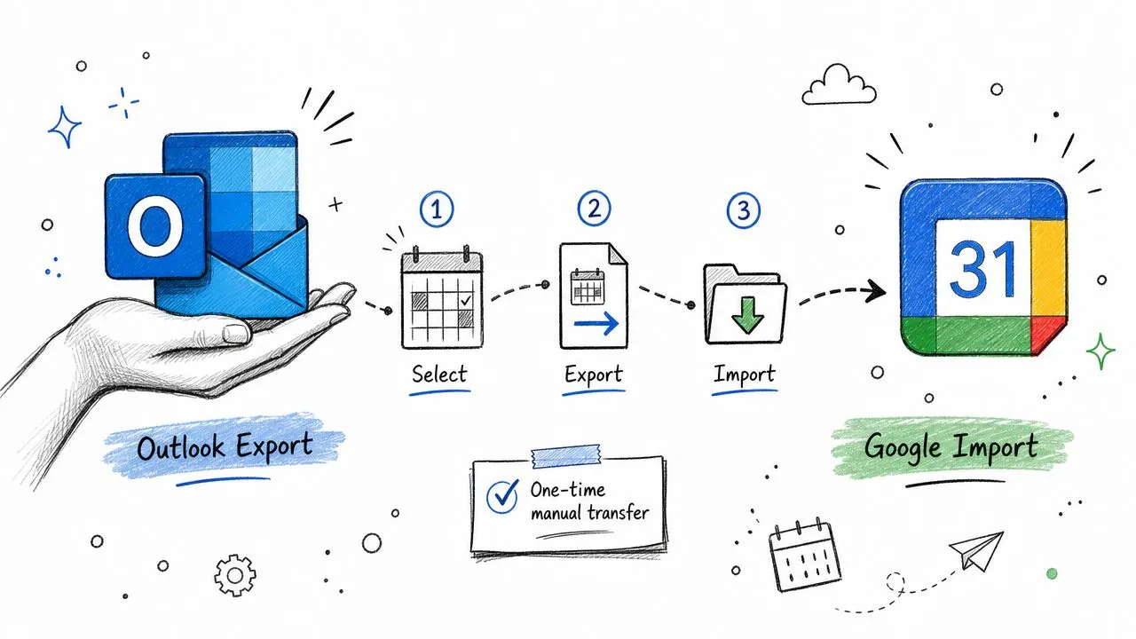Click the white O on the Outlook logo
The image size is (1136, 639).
pyautogui.click(x=155, y=228)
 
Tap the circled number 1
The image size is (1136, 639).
pyautogui.click(x=437, y=209)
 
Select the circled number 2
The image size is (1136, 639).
pyautogui.click(x=594, y=208)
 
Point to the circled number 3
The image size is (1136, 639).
pyautogui.click(x=743, y=210)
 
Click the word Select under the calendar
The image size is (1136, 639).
pyautogui.click(x=439, y=375)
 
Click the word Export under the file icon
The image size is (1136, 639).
pyautogui.click(x=594, y=375)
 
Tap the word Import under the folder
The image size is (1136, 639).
pyautogui.click(x=745, y=375)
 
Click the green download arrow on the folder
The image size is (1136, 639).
pyautogui.click(x=747, y=315)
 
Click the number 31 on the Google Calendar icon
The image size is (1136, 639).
pyautogui.click(x=982, y=269)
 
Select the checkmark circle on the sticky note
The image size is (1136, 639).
pyautogui.click(x=502, y=496)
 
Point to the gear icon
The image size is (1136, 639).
pyautogui.click(x=235, y=575)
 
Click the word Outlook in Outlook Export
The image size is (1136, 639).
pyautogui.click(x=180, y=448)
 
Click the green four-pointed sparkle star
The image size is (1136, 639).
pyautogui.click(x=1100, y=351)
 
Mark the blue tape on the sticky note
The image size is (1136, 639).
pyautogui.click(x=566, y=456)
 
